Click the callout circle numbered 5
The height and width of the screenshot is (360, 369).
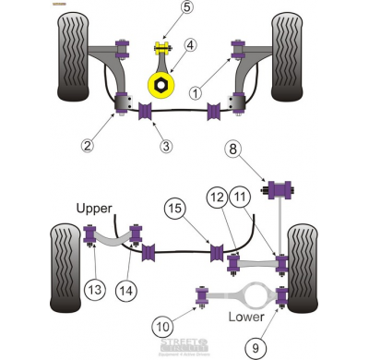161,8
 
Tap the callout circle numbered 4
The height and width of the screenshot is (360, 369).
190,44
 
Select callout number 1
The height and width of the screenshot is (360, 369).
196,92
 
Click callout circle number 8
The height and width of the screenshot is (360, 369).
234,148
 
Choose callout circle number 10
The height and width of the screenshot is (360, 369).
163,325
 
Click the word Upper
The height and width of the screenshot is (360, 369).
95,208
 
